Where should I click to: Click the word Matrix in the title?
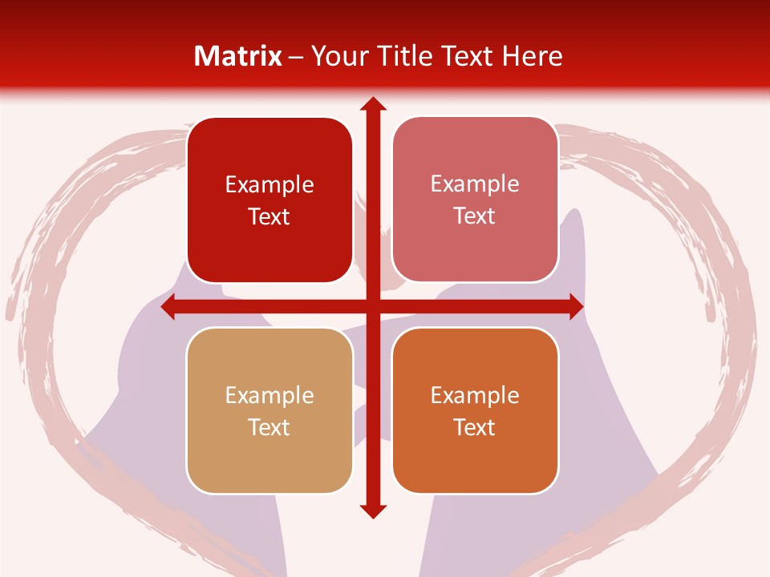[238, 56]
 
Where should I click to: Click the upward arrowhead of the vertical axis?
[372, 105]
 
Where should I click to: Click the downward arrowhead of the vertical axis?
[372, 510]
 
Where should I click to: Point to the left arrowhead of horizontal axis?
[169, 307]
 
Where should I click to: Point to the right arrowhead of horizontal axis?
[575, 307]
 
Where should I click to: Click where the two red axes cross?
[372, 307]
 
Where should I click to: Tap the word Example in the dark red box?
[269, 185]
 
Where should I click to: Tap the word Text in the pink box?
[475, 216]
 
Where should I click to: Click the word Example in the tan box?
[269, 395]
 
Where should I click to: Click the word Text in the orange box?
[475, 427]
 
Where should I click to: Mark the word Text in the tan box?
[269, 427]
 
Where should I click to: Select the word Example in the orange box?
[475, 395]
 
